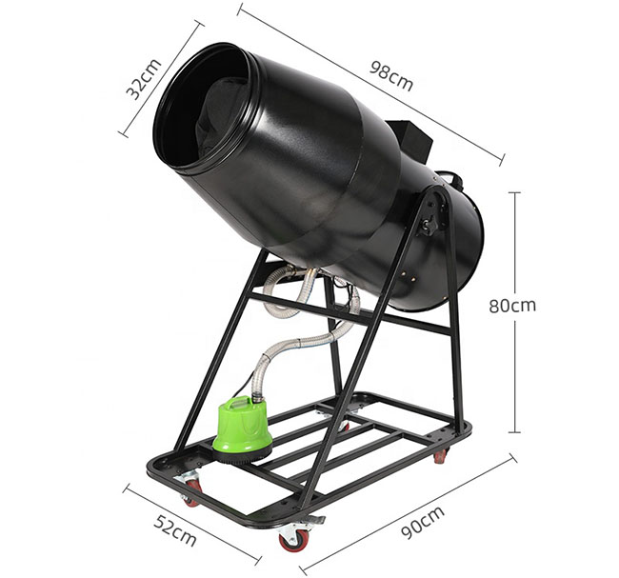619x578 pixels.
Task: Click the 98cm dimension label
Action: click(x=391, y=76)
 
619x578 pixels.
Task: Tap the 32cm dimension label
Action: click(x=143, y=79)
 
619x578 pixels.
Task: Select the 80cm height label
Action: click(x=512, y=305)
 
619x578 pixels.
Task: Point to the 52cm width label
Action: click(x=175, y=530)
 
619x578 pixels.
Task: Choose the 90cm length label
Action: click(x=423, y=522)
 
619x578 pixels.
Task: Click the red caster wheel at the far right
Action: click(x=441, y=456)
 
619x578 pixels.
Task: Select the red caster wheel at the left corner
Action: click(x=190, y=489)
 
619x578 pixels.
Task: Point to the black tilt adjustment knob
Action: click(x=429, y=225)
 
